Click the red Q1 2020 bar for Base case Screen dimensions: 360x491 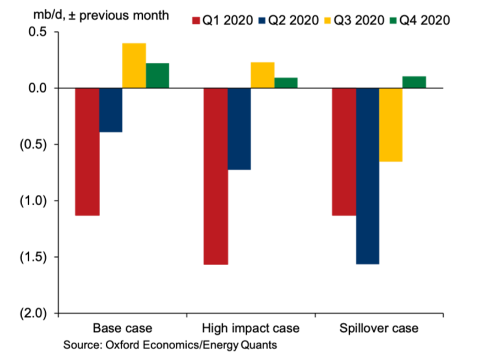(87, 152)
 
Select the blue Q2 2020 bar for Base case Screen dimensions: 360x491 (111, 110)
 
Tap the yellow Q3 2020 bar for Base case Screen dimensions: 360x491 (134, 66)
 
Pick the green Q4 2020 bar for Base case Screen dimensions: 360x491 (157, 76)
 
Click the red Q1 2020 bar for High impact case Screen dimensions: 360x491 (215, 176)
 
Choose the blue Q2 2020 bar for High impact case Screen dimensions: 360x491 (239, 129)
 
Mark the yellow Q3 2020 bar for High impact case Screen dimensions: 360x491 (262, 75)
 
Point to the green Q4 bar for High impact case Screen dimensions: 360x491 (286, 83)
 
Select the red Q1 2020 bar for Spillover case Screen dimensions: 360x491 (344, 152)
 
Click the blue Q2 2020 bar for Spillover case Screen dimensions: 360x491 (367, 176)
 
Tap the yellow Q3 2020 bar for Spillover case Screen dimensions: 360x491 (390, 124)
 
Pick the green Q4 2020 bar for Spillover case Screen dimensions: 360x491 (414, 82)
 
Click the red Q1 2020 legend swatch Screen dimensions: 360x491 (196, 20)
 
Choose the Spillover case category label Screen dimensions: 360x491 (379, 328)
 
